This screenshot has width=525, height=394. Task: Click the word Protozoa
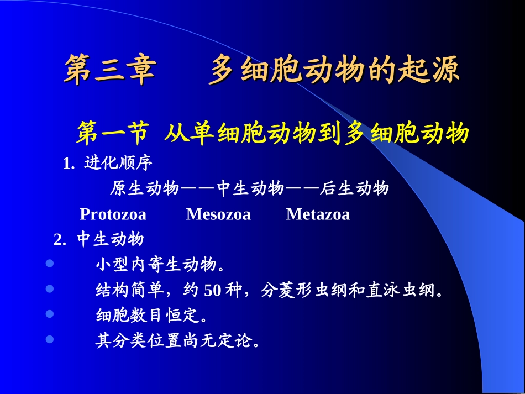pos(113,214)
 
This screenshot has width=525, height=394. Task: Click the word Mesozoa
pos(218,214)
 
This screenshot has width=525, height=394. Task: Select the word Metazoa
pos(318,214)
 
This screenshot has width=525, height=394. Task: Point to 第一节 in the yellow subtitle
pos(113,134)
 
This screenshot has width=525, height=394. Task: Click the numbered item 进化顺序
pos(118,163)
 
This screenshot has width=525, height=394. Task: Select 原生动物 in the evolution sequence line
pos(144,189)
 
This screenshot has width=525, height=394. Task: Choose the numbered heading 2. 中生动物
pos(99,239)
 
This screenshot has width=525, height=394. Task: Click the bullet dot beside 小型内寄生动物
pos(50,264)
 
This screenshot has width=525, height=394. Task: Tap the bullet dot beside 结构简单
pos(50,288)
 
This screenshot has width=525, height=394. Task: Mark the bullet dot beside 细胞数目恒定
pos(50,314)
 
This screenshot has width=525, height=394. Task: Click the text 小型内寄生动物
pos(160,265)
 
